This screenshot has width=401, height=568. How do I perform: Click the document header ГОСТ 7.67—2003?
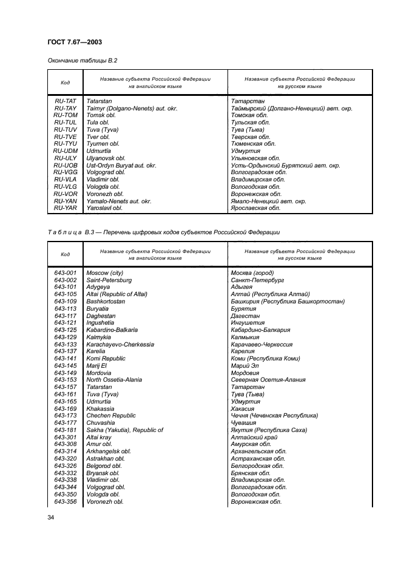(x=75, y=41)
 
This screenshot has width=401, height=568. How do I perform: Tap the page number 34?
(x=51, y=516)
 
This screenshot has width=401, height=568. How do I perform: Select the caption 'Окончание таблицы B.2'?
(x=82, y=61)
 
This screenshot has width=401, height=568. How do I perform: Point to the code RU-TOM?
(x=65, y=115)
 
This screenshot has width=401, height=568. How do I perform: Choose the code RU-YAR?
(x=65, y=208)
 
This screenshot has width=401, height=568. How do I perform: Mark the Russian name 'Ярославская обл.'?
(x=255, y=208)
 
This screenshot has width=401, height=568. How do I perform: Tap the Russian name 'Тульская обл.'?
(x=251, y=123)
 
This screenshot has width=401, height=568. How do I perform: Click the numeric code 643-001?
(x=65, y=273)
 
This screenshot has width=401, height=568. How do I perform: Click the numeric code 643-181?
(x=65, y=430)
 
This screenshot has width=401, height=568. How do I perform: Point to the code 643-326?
(x=65, y=466)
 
